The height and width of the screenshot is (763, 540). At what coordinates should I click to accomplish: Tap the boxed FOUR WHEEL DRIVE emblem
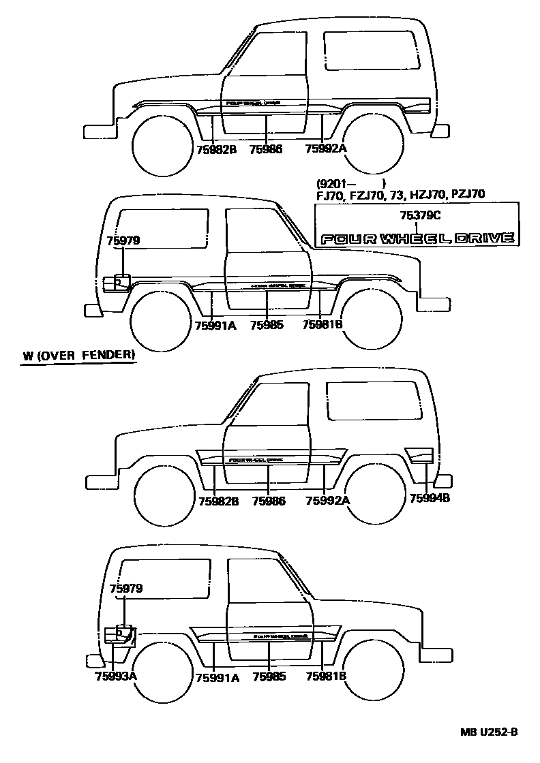pos(417,238)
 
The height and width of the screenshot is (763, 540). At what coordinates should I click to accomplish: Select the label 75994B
pos(430,498)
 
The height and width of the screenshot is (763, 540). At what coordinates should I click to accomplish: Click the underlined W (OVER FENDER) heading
pos(78,356)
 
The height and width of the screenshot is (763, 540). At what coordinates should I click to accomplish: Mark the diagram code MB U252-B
pos(488,732)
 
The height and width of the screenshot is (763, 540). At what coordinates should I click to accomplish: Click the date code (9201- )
pos(350,183)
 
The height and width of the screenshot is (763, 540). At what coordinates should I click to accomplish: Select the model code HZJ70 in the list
pos(427,194)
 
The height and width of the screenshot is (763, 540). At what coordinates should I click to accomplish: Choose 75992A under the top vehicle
pos(325,149)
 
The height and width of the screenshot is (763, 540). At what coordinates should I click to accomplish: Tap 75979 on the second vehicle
pos(123,240)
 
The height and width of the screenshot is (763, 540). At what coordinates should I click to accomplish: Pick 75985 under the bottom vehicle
pos(269,676)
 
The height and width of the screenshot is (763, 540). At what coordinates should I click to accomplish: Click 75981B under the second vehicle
pos(322,325)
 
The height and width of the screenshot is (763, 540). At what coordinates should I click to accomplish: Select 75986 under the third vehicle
pos(268,501)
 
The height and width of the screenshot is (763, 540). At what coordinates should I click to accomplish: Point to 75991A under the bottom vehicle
pos(217,676)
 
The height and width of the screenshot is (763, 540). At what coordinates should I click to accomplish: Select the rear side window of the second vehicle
pos(163,228)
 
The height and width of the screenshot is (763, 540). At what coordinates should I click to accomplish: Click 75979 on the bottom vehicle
pos(126,588)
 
